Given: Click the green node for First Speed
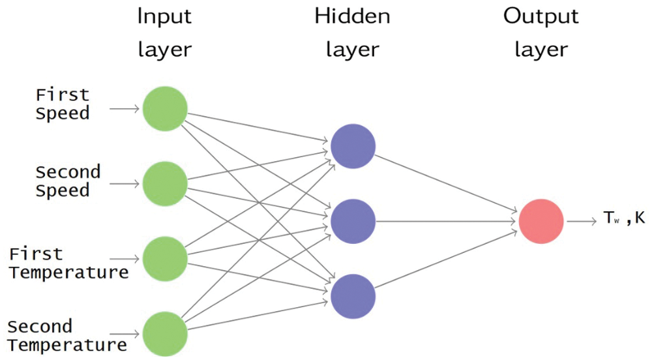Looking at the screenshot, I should click(164, 108).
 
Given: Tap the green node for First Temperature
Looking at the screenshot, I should click(164, 259).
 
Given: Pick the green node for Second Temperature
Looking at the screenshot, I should click(164, 334).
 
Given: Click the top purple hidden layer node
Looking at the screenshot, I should click(353, 146).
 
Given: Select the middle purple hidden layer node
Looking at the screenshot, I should click(353, 221).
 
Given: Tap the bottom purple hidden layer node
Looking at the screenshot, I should click(353, 296).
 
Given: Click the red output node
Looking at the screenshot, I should click(541, 221).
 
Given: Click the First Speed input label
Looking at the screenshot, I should click(63, 104).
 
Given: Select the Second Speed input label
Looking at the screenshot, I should click(68, 181).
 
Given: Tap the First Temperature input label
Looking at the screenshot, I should click(68, 263).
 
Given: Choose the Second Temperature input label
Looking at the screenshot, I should click(68, 335).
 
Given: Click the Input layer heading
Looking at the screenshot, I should click(165, 33).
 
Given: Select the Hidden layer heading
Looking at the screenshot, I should click(352, 33).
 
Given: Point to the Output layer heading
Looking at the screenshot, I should click(541, 33).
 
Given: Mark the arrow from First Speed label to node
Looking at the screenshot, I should click(125, 108).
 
